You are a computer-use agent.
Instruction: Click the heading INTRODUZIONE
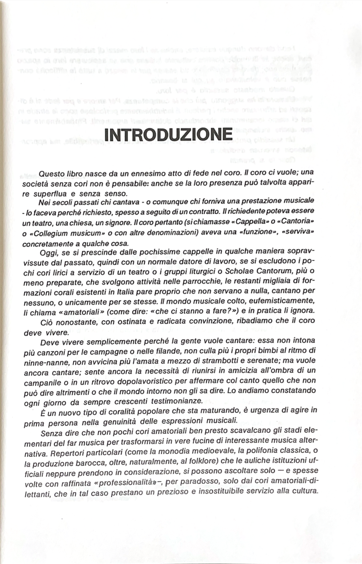[x=168, y=134]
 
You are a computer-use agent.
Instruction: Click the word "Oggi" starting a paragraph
[x=48, y=253]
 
